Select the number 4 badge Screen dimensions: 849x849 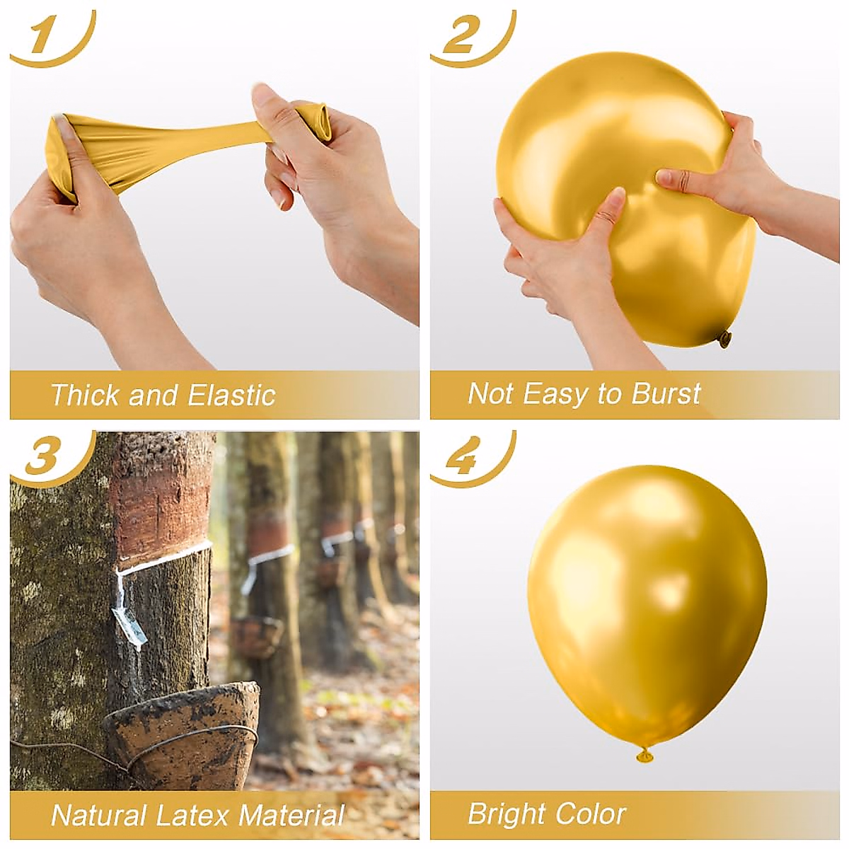point(463,456)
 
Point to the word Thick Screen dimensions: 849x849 point(86,395)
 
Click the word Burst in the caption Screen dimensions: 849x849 point(665,393)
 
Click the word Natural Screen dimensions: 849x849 point(100,814)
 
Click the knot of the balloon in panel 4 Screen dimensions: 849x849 point(645,756)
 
